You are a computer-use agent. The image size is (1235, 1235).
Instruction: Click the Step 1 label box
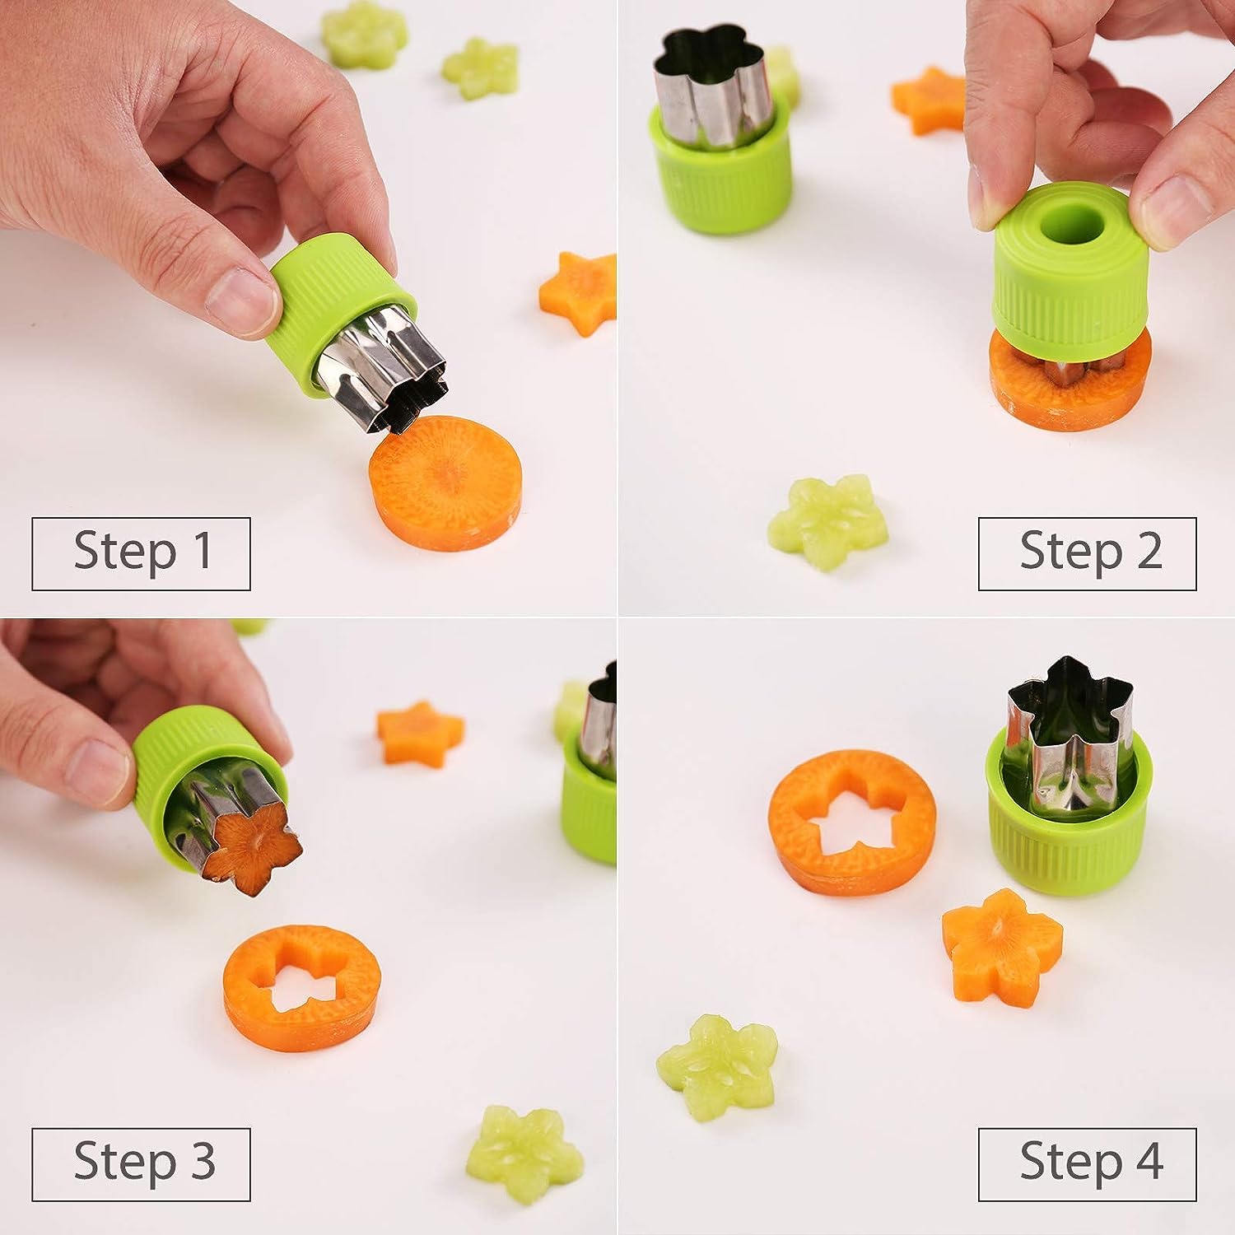click(141, 554)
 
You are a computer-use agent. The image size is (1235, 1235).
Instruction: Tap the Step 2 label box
click(1087, 554)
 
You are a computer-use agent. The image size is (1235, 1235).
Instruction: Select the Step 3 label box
click(141, 1164)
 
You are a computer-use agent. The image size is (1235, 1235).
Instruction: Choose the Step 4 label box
click(1087, 1164)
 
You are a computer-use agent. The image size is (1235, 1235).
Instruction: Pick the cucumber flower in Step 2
click(828, 523)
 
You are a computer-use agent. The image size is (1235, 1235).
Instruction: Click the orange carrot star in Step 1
click(579, 294)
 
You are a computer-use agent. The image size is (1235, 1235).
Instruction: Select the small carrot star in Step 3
click(420, 732)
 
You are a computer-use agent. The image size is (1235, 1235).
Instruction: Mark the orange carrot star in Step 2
click(929, 100)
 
